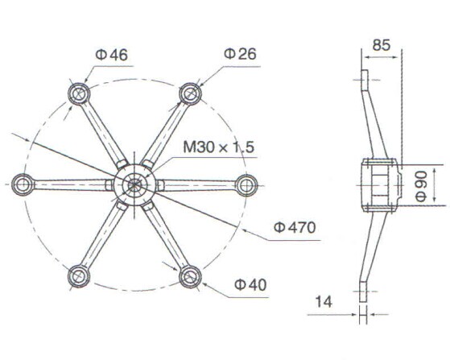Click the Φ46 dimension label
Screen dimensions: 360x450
(x=111, y=55)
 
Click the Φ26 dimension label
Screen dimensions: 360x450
(x=240, y=54)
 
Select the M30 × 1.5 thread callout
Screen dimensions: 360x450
(x=218, y=147)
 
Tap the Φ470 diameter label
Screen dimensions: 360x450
(x=294, y=227)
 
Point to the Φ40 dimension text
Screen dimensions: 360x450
(x=250, y=283)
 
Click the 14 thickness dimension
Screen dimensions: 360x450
(x=324, y=301)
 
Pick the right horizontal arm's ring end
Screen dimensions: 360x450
(x=245, y=184)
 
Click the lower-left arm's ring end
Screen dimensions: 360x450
(x=78, y=276)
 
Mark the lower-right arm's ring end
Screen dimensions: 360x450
(x=190, y=276)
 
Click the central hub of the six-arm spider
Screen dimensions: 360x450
(x=134, y=184)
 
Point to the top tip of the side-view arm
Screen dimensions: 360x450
(x=365, y=75)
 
